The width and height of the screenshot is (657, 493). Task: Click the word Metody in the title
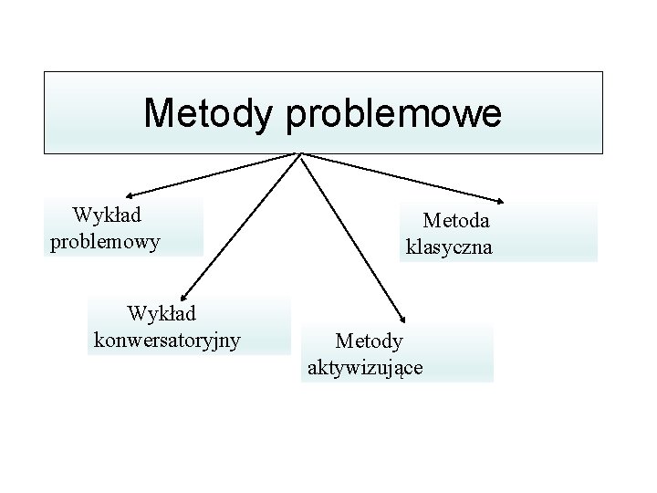click(209, 114)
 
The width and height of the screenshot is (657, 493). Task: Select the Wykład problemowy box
click(123, 227)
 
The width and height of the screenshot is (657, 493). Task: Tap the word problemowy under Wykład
click(105, 242)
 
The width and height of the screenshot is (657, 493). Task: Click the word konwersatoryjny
click(168, 340)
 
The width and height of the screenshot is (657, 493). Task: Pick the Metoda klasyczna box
click(498, 233)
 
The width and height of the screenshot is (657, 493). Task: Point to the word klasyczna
click(449, 246)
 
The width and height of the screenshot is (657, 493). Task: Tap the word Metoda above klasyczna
click(456, 220)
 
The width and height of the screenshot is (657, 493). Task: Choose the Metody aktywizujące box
click(397, 353)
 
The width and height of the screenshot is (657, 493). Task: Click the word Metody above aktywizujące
click(369, 341)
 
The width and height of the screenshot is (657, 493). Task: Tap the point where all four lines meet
click(300, 154)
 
